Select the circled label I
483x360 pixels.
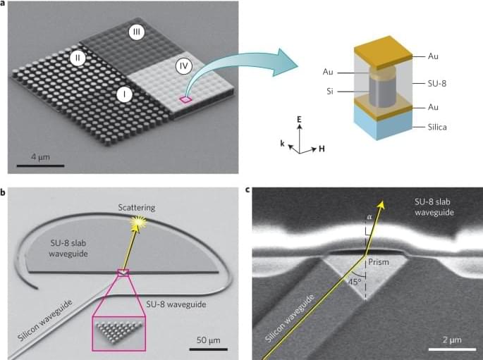126,93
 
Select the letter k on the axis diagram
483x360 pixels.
282,143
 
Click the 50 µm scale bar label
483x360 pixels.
208,340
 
